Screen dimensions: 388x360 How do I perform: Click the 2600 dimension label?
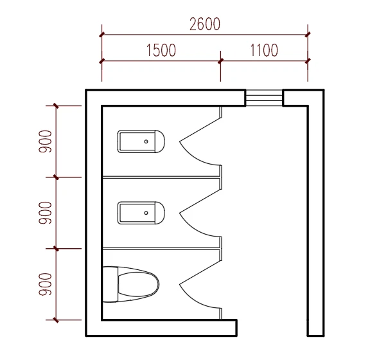[x=205, y=24]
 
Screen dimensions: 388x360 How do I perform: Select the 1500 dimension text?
[x=161, y=50]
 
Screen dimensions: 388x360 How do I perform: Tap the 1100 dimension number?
[x=264, y=50]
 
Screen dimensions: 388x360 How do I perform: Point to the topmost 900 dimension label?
[x=45, y=141]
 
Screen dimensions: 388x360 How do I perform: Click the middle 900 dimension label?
[x=45, y=213]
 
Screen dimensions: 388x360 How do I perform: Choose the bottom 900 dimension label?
[x=45, y=284]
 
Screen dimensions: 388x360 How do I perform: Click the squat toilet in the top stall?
[x=141, y=141]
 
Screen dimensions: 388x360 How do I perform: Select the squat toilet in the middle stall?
[x=141, y=213]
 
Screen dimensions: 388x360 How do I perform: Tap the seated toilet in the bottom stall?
[x=130, y=284]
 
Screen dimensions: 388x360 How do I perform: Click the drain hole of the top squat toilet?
[x=146, y=141]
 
